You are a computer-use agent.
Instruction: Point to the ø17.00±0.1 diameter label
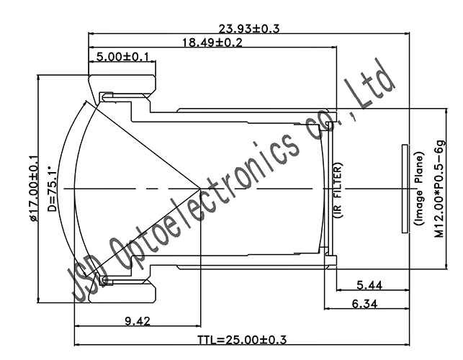point(32,189)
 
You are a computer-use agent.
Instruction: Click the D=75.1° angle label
point(51,188)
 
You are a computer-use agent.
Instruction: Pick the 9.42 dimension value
point(137,322)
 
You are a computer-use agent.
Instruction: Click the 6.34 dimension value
point(367,305)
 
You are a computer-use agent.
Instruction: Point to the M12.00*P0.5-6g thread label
point(439,189)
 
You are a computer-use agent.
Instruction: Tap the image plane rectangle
point(402,189)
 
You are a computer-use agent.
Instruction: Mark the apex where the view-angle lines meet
point(200,189)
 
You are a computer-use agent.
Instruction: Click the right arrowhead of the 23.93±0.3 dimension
point(411,33)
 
